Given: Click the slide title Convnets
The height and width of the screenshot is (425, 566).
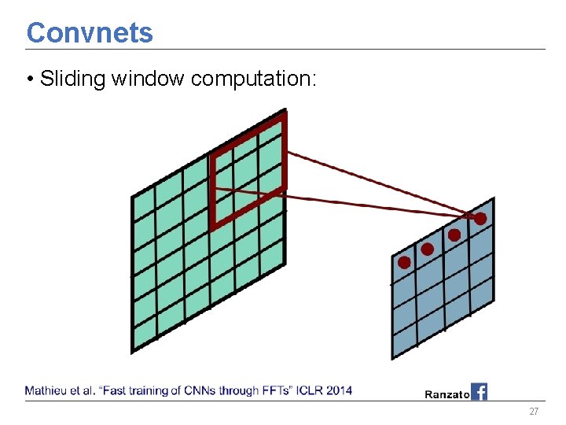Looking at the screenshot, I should (90, 33).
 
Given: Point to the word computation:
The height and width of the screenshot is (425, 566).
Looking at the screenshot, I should (254, 79).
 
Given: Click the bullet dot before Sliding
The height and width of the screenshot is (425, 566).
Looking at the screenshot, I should (29, 79).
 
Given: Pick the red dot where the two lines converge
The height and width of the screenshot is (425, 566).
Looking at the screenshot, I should (480, 218).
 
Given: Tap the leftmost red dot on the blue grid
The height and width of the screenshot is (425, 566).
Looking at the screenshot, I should (404, 262).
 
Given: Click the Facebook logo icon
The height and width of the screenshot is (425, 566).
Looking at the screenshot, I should (479, 391).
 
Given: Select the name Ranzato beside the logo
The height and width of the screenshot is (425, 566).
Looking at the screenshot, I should (447, 394).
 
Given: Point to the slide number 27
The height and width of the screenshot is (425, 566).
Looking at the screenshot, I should (534, 412).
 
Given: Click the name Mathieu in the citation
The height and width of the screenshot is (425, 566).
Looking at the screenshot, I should (46, 390).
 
